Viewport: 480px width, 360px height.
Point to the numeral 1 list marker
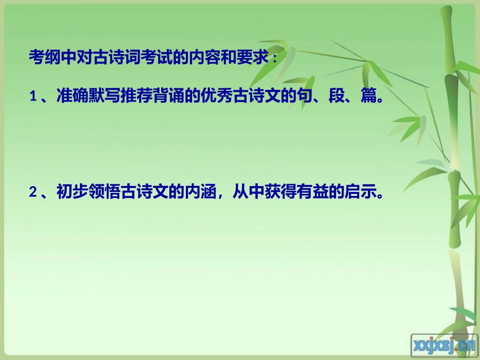pos(33,96)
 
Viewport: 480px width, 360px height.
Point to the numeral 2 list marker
pos(33,192)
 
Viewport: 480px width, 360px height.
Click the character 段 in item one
pos(335,95)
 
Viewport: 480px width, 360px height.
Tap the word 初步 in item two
pos(71,192)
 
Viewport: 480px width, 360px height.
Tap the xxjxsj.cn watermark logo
pos(444,345)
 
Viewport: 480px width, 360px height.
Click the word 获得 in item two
pos(281,192)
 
